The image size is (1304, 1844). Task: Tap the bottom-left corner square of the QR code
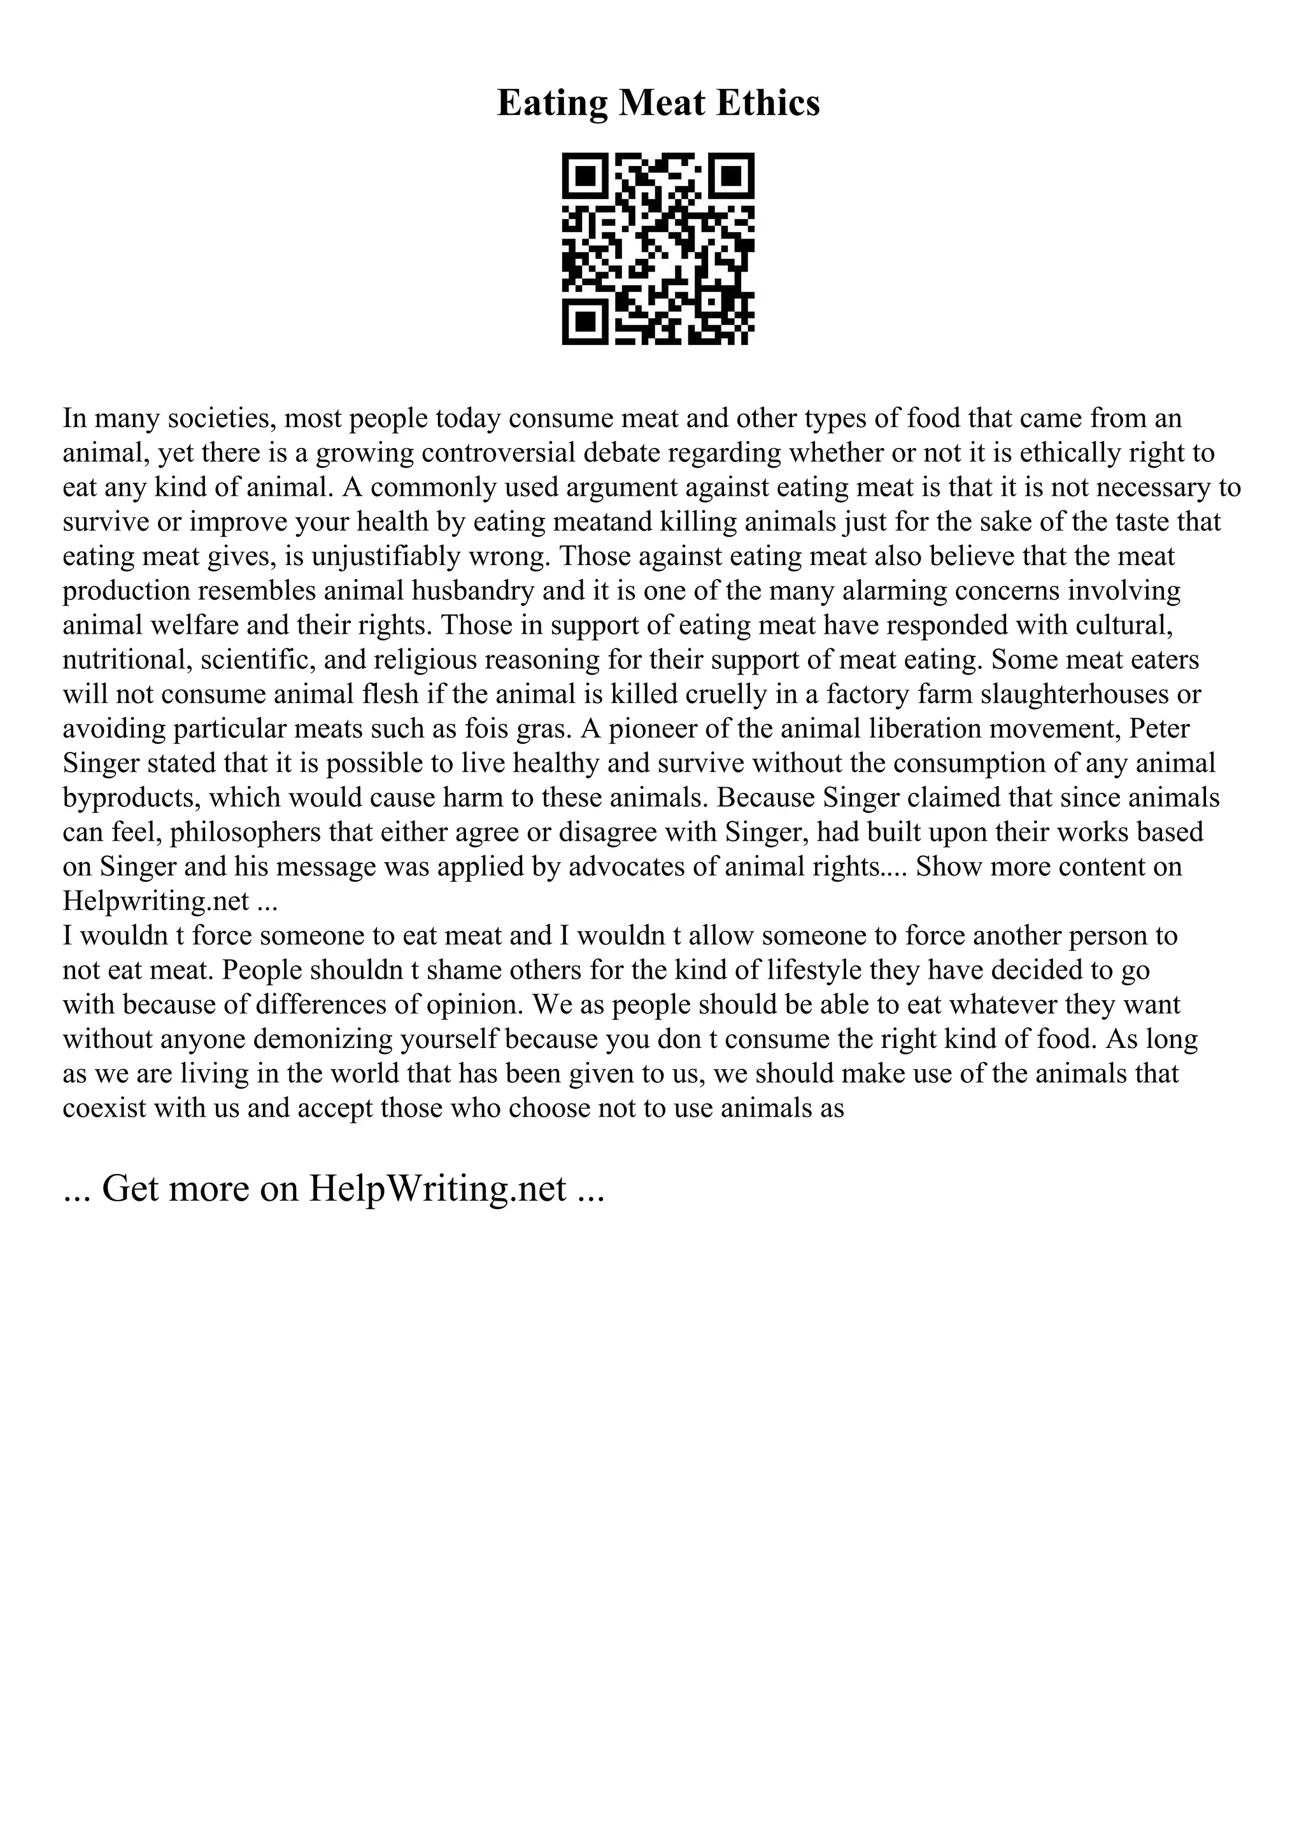[x=586, y=322]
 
